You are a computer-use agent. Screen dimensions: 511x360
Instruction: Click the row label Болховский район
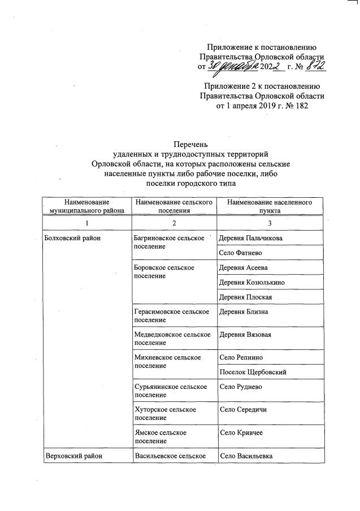coord(71,239)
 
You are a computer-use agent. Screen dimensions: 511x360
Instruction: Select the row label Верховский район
coord(71,456)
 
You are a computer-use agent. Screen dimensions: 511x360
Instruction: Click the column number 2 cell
coord(174,223)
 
